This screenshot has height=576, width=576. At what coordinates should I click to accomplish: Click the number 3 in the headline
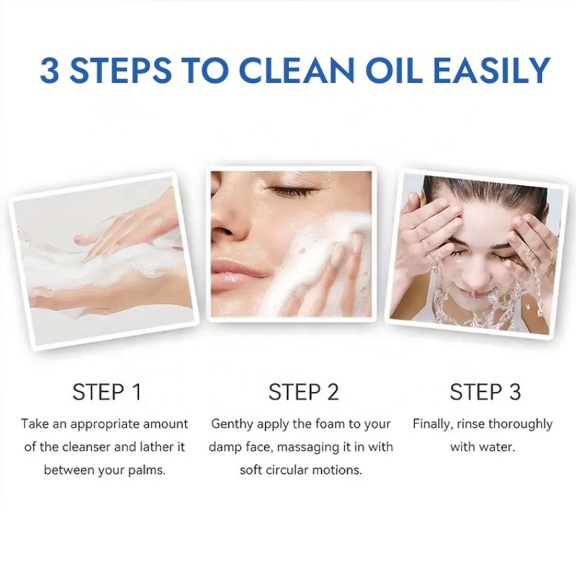click(51, 71)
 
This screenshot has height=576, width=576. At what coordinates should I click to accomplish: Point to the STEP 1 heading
click(107, 392)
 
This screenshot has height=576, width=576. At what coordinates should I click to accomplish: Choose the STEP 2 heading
click(303, 392)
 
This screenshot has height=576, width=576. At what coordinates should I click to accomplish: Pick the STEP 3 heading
click(485, 392)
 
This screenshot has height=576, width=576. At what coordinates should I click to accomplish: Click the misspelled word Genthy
click(233, 424)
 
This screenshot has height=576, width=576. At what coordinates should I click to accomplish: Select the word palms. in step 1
click(147, 470)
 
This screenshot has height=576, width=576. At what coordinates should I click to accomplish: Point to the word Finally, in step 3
click(435, 424)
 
